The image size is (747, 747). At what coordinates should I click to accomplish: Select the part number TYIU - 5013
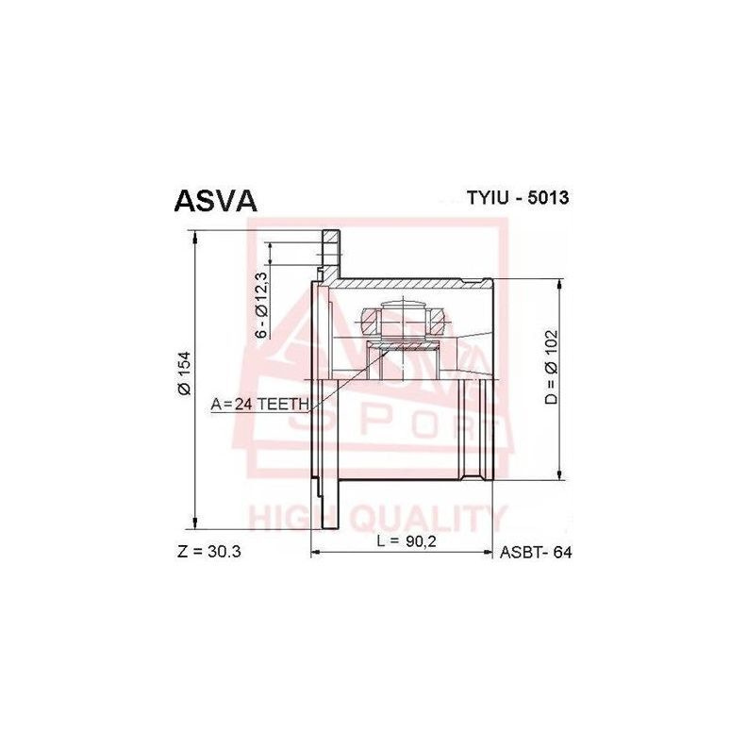[517, 199]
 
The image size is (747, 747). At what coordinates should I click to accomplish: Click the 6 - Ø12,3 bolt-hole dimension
[262, 305]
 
